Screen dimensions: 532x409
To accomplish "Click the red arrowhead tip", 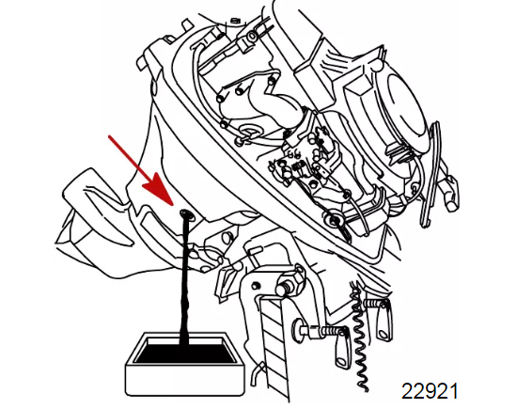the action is click(173, 205).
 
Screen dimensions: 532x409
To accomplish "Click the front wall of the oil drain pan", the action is click(185, 380).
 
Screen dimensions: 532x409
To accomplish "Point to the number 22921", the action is click(430, 391).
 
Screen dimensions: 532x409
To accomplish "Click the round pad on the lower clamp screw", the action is click(298, 328).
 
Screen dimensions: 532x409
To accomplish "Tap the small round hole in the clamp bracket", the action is click(257, 286).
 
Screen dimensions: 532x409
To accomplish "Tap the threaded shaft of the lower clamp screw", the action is click(326, 330).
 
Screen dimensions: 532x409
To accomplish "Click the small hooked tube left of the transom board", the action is click(258, 372).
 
